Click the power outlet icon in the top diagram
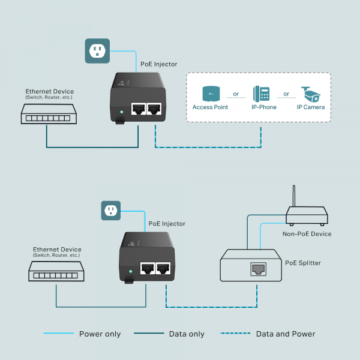point(97,51)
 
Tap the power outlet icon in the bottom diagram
point(110,211)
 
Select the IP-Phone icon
point(261,94)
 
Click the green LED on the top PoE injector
point(122,111)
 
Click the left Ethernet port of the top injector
point(138,109)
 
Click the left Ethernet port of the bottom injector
point(146,269)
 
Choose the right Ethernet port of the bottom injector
point(163,269)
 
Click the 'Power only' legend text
point(100,334)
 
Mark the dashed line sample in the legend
point(233,334)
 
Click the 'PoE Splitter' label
point(302,263)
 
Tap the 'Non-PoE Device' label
point(307,233)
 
